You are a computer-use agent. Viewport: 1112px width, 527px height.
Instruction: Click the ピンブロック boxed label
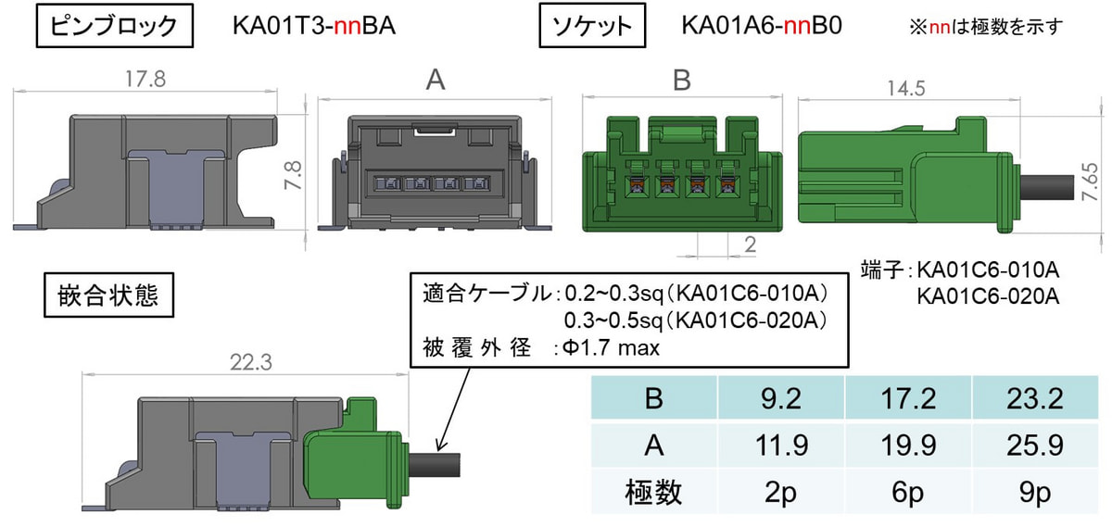click(x=115, y=26)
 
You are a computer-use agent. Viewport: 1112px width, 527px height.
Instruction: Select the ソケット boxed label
click(x=592, y=26)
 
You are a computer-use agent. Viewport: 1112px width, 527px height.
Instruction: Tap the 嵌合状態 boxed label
click(x=108, y=295)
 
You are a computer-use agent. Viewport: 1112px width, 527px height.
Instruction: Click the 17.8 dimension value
click(x=145, y=79)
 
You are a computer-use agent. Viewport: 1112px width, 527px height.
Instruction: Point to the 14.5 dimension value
click(x=906, y=88)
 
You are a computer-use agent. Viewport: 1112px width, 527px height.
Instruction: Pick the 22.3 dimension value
click(x=251, y=363)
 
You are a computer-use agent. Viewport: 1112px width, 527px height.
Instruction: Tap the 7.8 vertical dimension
click(x=293, y=175)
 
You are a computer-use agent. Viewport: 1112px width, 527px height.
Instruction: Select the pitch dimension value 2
click(x=750, y=245)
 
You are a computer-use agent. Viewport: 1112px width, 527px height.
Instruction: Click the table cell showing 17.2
click(x=908, y=398)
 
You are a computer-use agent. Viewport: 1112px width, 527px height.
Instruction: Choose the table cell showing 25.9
click(x=1035, y=445)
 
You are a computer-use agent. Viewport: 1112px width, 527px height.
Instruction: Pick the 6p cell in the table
click(x=908, y=492)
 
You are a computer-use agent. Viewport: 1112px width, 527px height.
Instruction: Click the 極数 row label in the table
click(x=653, y=492)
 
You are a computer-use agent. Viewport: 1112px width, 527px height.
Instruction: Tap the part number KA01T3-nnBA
click(x=314, y=26)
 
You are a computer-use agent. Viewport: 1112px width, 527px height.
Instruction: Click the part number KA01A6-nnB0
click(x=762, y=25)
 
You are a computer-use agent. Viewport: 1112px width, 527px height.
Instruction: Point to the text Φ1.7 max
click(x=611, y=348)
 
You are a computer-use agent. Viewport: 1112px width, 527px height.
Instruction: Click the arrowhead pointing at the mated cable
click(x=440, y=445)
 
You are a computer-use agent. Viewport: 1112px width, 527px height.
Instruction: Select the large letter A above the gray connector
click(x=436, y=80)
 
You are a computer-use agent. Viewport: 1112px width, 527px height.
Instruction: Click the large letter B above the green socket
click(x=682, y=80)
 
